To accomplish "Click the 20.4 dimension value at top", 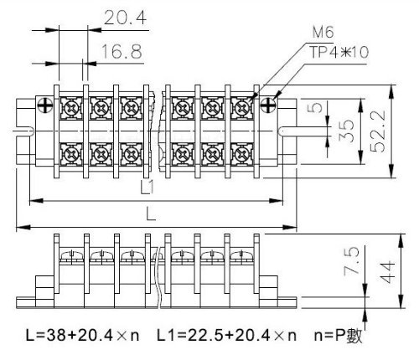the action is [x=125, y=18].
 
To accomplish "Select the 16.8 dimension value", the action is [x=122, y=51].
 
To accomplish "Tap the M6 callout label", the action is [x=323, y=32].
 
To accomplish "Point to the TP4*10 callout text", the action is [x=339, y=52].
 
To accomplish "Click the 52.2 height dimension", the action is [x=378, y=131].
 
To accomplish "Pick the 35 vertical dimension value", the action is [x=346, y=131].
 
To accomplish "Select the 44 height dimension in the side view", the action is [x=387, y=272].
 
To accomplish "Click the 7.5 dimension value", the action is [x=351, y=261].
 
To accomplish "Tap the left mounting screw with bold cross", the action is [x=45, y=105].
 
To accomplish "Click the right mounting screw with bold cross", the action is [x=268, y=105].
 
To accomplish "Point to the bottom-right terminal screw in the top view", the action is [x=242, y=154].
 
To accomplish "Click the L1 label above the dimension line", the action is [x=147, y=187].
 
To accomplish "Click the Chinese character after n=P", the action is [x=354, y=336].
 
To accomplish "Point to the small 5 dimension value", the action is [x=316, y=107].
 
